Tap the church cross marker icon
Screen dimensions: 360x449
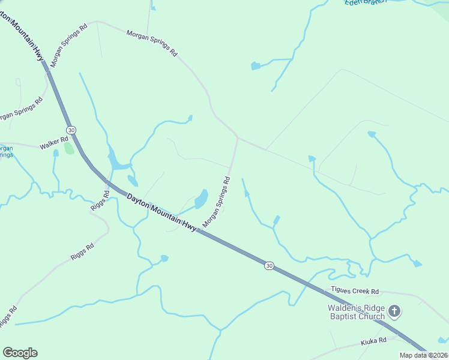394,311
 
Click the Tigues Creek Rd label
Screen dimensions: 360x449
356,291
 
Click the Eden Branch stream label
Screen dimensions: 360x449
363,3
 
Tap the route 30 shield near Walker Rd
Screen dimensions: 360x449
71,130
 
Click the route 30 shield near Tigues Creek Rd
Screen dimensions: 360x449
270,265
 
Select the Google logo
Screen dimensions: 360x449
20,353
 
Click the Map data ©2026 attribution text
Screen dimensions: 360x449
423,355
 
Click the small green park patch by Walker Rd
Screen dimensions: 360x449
68,148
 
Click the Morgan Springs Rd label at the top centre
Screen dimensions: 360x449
152,43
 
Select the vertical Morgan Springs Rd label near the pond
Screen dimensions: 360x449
217,202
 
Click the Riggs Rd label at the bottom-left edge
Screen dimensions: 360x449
7,316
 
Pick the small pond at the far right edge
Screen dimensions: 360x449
417,263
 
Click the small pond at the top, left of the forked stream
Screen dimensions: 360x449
256,66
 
